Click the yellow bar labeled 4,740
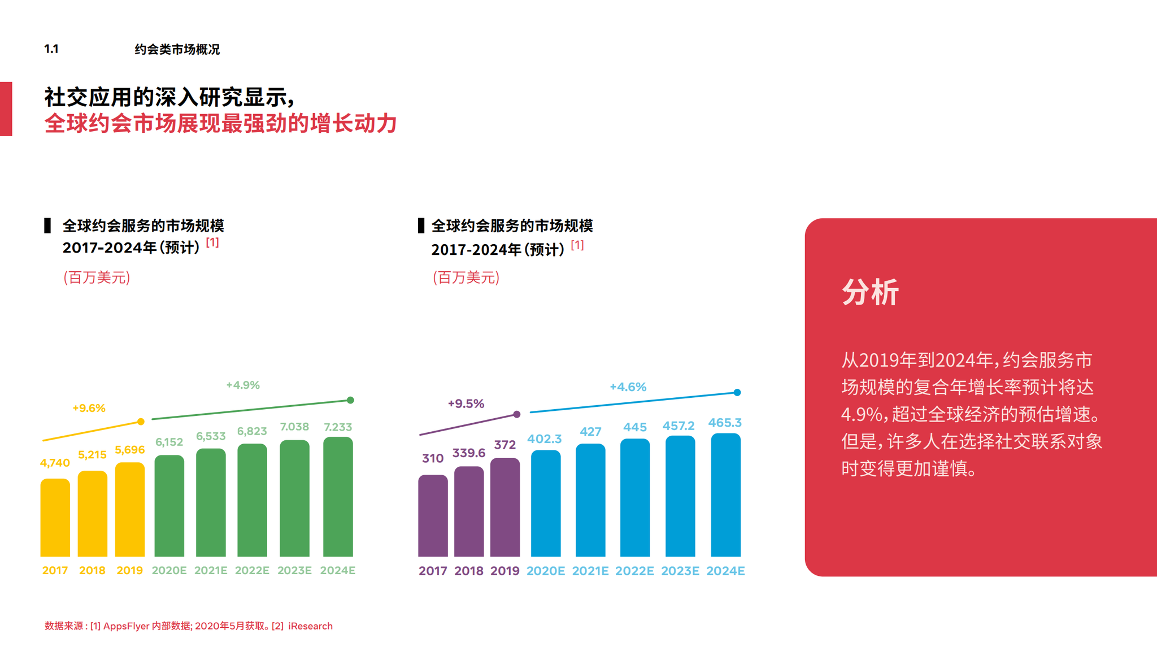tap(55, 517)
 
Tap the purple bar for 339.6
tap(469, 511)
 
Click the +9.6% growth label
tap(89, 408)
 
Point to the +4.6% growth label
tap(628, 387)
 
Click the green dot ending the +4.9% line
tap(350, 400)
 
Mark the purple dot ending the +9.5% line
tap(517, 414)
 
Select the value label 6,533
tap(211, 436)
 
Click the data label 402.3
tap(545, 439)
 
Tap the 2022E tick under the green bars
tap(252, 570)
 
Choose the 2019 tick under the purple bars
tap(504, 571)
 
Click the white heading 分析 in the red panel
tap(870, 292)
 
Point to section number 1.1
tap(51, 49)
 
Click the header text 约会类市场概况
tap(177, 49)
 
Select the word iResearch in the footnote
tap(310, 626)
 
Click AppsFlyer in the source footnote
tap(126, 626)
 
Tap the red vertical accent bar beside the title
tap(6, 108)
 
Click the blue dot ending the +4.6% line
tap(737, 392)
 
